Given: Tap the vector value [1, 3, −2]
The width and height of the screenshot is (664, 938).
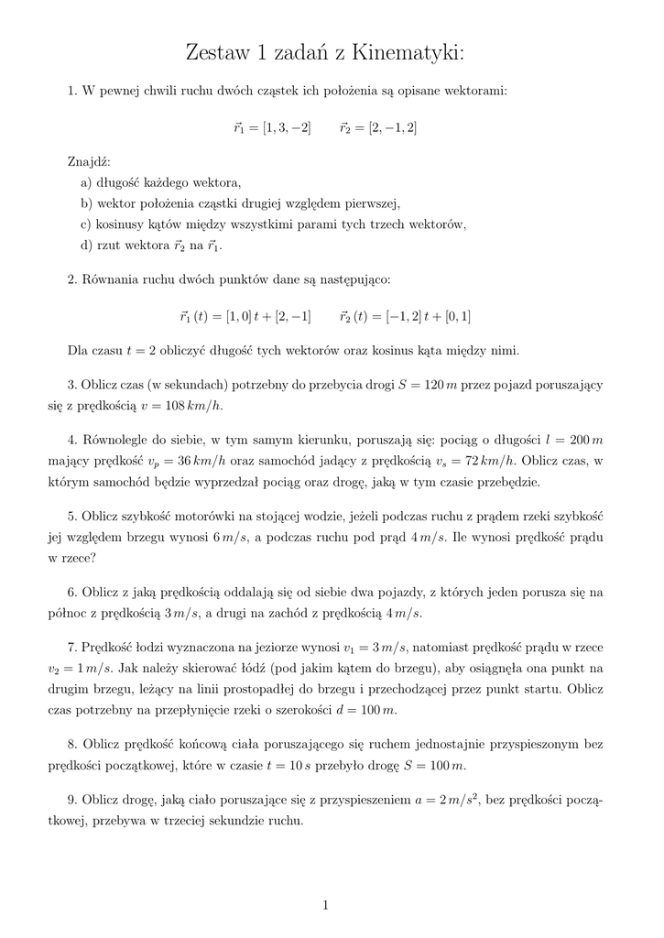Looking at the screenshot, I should [x=287, y=127].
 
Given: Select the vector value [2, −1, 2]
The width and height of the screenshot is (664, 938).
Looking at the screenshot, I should [x=392, y=127].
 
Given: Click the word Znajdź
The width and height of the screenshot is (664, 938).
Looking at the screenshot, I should [x=87, y=162].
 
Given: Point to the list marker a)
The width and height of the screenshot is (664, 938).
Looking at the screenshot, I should [x=86, y=182].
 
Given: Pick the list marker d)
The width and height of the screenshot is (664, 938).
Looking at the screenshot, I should [x=86, y=245].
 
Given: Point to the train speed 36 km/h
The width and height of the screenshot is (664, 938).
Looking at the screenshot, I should [x=201, y=461].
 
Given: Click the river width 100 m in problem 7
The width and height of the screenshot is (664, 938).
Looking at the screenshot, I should [x=377, y=711].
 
